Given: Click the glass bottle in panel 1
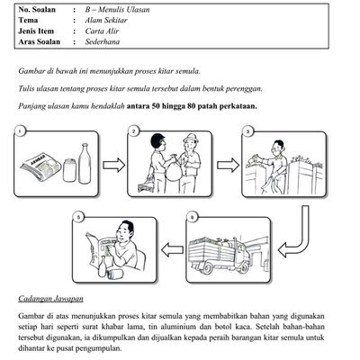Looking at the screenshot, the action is click(x=85, y=164).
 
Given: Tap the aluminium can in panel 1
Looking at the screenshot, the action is click(x=69, y=170).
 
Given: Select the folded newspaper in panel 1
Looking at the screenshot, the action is click(x=40, y=166).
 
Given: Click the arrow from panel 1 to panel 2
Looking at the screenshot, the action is click(x=114, y=165).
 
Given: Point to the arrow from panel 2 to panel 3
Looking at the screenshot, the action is click(x=228, y=165).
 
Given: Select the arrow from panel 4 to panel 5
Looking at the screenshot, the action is click(x=173, y=250).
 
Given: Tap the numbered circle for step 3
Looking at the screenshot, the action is click(x=247, y=131).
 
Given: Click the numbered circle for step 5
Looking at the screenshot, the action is click(x=78, y=218).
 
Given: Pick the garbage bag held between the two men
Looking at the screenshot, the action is click(x=173, y=169).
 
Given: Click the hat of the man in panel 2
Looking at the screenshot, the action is click(x=191, y=138).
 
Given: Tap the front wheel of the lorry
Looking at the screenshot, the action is click(x=207, y=267).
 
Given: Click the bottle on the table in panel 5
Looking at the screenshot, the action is click(x=103, y=267).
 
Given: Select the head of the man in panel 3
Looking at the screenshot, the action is click(x=278, y=147).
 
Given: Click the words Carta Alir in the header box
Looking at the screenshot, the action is click(x=102, y=31).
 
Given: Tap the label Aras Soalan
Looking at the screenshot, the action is click(x=40, y=41).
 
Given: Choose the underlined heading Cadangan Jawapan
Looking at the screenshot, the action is click(x=50, y=299).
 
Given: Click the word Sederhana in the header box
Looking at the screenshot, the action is click(x=103, y=41).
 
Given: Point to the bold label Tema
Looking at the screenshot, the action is click(x=28, y=20).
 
